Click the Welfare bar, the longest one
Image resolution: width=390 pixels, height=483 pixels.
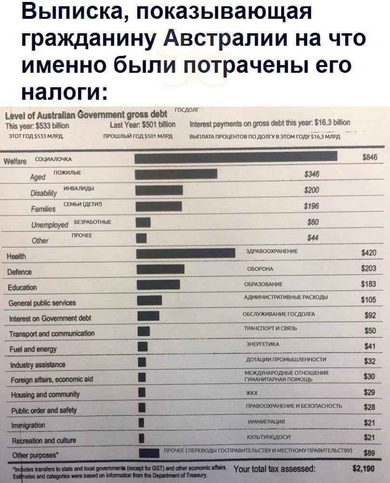236,157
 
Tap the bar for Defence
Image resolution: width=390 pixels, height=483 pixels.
160,269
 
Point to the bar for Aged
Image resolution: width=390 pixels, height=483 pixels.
176,174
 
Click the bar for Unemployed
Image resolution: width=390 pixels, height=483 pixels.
143,222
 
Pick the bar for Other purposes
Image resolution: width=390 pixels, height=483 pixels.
149,453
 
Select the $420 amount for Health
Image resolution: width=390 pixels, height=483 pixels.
369,253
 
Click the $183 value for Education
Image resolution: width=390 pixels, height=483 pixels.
369,284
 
